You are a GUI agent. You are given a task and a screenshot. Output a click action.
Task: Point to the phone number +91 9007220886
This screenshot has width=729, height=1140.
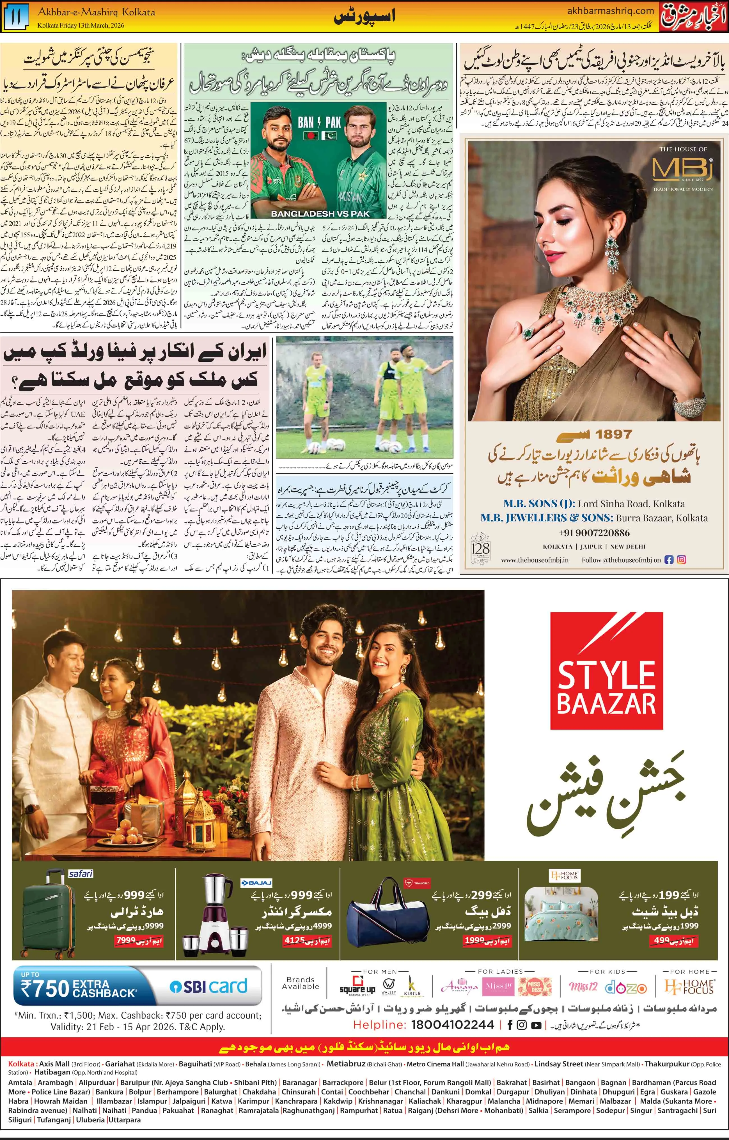coord(594,533)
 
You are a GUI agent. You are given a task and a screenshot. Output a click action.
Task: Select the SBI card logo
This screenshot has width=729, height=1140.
coord(209,986)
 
